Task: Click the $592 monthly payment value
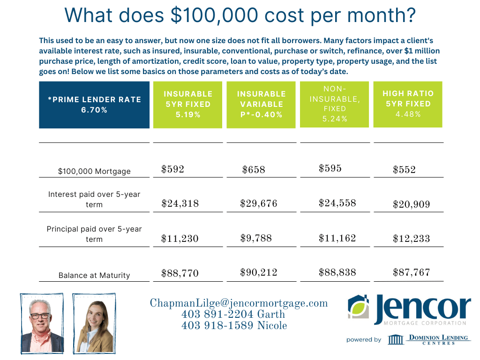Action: click(x=172, y=169)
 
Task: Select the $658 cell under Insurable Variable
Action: click(x=254, y=170)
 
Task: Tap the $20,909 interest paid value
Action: click(x=411, y=204)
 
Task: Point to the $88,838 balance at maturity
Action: click(x=337, y=272)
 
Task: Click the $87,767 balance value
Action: click(x=411, y=272)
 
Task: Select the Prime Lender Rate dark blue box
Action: click(x=94, y=105)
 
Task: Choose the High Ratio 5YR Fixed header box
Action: click(x=408, y=104)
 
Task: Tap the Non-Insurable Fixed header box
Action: click(x=335, y=104)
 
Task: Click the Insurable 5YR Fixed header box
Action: click(x=187, y=104)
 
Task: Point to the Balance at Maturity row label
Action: click(x=94, y=276)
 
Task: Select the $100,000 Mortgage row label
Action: click(x=94, y=172)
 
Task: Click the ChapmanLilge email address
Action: click(x=239, y=303)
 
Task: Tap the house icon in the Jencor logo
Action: click(x=360, y=307)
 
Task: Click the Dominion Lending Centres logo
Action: click(x=429, y=339)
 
